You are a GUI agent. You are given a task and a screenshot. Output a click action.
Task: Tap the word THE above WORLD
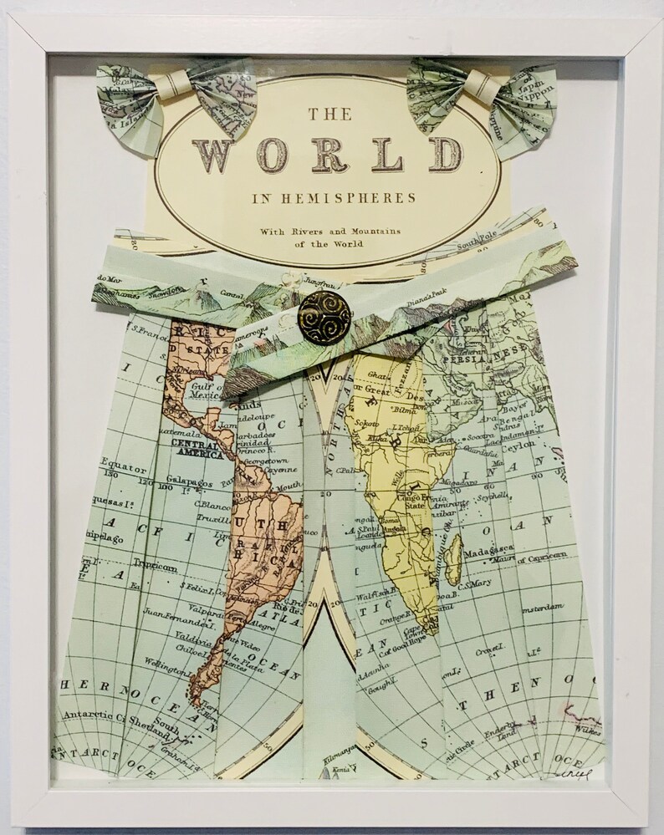coord(328,113)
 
